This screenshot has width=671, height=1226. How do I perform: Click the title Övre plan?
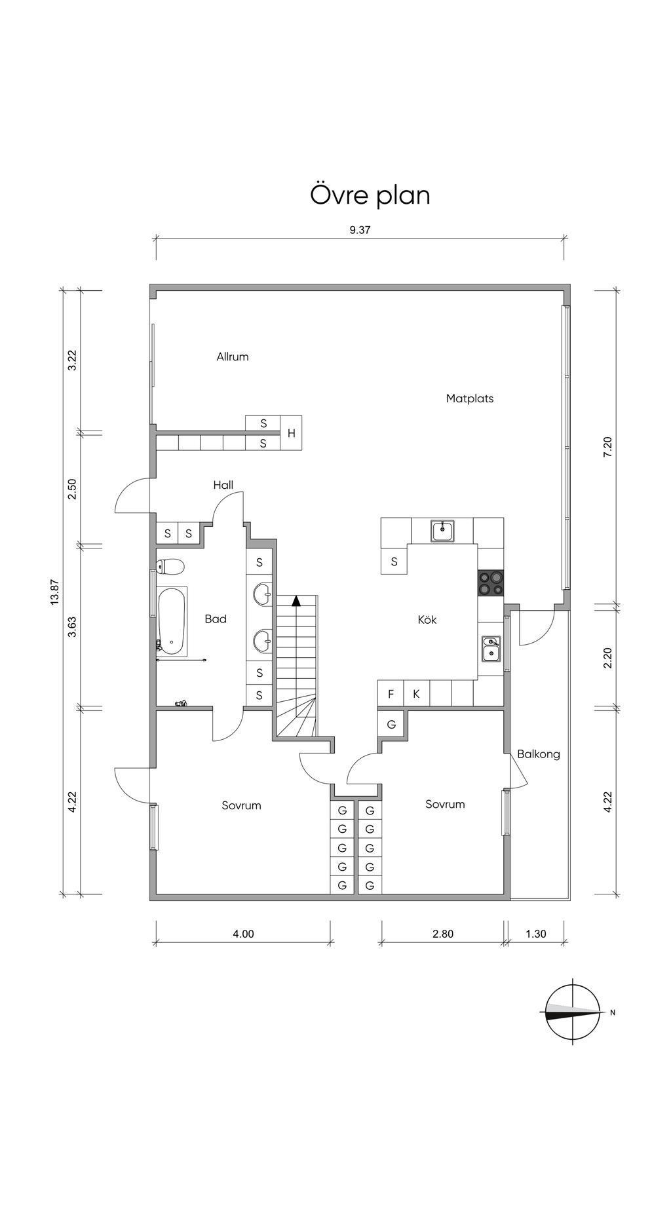click(370, 195)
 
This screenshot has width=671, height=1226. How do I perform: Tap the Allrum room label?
click(233, 357)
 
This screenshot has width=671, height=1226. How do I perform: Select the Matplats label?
click(470, 398)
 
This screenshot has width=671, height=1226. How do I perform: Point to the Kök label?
click(427, 619)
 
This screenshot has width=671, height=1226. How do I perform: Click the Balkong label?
click(539, 754)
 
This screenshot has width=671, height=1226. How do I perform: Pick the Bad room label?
click(216, 619)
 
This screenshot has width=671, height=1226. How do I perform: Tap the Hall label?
click(223, 486)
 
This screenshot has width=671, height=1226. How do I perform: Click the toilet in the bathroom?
click(170, 565)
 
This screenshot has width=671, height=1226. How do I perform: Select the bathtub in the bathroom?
click(172, 621)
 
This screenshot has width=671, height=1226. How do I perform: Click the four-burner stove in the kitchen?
click(491, 583)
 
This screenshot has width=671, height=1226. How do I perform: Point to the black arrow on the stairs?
click(297, 599)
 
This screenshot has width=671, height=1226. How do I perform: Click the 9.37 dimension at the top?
click(360, 229)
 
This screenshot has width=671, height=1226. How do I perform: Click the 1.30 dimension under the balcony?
click(536, 934)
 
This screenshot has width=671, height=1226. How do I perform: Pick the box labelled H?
click(291, 433)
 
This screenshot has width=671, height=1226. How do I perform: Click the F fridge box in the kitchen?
click(391, 694)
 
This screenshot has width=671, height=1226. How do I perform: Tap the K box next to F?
click(416, 694)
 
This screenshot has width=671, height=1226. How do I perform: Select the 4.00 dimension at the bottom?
click(243, 934)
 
